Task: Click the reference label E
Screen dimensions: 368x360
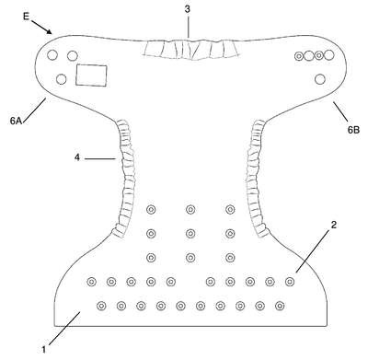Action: click(x=26, y=16)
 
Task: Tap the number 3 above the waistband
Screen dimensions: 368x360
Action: click(x=187, y=9)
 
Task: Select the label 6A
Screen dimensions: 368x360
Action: click(x=16, y=121)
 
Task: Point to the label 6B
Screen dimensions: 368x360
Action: click(x=353, y=130)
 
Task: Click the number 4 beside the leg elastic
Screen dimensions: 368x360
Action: click(x=77, y=157)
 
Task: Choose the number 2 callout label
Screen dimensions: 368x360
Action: click(x=334, y=225)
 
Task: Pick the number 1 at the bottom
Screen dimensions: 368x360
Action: click(x=44, y=349)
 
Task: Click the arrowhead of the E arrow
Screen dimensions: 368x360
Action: click(x=49, y=30)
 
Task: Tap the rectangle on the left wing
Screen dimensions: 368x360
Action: click(x=91, y=75)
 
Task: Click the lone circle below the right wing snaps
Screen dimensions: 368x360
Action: click(x=320, y=79)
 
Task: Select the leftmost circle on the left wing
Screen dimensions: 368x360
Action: click(x=52, y=54)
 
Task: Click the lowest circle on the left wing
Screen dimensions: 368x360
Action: click(x=62, y=79)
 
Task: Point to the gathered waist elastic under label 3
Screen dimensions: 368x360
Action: click(x=190, y=49)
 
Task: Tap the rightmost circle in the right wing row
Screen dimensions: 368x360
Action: click(x=328, y=55)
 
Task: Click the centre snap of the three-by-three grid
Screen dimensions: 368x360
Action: click(x=190, y=234)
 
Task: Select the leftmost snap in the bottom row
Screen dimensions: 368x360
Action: click(x=101, y=306)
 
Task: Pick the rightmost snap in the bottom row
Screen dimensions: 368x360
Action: click(x=280, y=306)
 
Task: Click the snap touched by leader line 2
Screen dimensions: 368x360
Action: click(x=290, y=282)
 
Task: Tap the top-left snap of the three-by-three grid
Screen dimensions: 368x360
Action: click(x=151, y=210)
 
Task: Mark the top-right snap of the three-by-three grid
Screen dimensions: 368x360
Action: click(x=230, y=210)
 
